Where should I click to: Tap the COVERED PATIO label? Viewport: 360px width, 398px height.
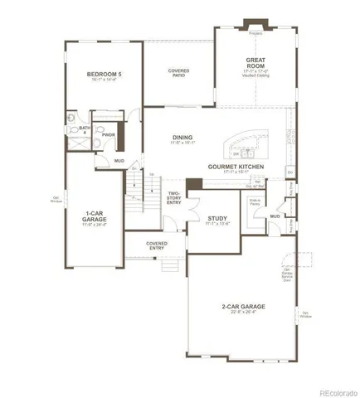pos(178,72)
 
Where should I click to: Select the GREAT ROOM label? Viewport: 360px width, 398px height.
pos(254,64)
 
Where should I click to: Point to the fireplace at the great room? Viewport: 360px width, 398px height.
pos(255,34)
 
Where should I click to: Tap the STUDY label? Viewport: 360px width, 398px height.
pos(217,220)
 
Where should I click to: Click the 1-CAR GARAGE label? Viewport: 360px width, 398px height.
pos(92,218)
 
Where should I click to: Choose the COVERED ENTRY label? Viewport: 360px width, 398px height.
pos(157,245)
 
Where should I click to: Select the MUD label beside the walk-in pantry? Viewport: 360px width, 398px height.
pos(274,216)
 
